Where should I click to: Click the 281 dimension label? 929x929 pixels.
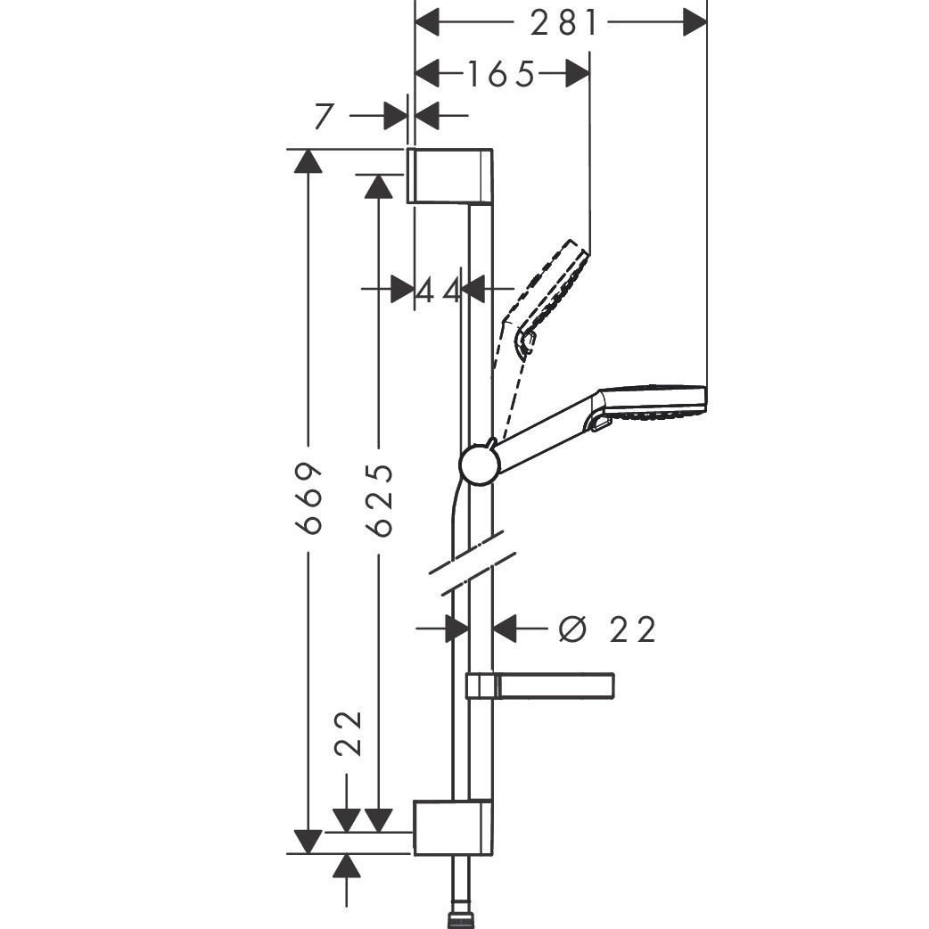click(x=563, y=24)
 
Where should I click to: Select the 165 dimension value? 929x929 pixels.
click(x=501, y=75)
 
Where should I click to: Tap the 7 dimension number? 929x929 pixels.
click(x=325, y=116)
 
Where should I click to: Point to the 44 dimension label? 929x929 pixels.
click(x=439, y=291)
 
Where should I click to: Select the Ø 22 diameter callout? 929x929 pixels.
click(x=607, y=629)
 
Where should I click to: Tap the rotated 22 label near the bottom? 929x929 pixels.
click(x=349, y=733)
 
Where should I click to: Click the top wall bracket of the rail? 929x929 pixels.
click(x=449, y=176)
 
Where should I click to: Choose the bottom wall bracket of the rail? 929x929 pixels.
click(x=453, y=827)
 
